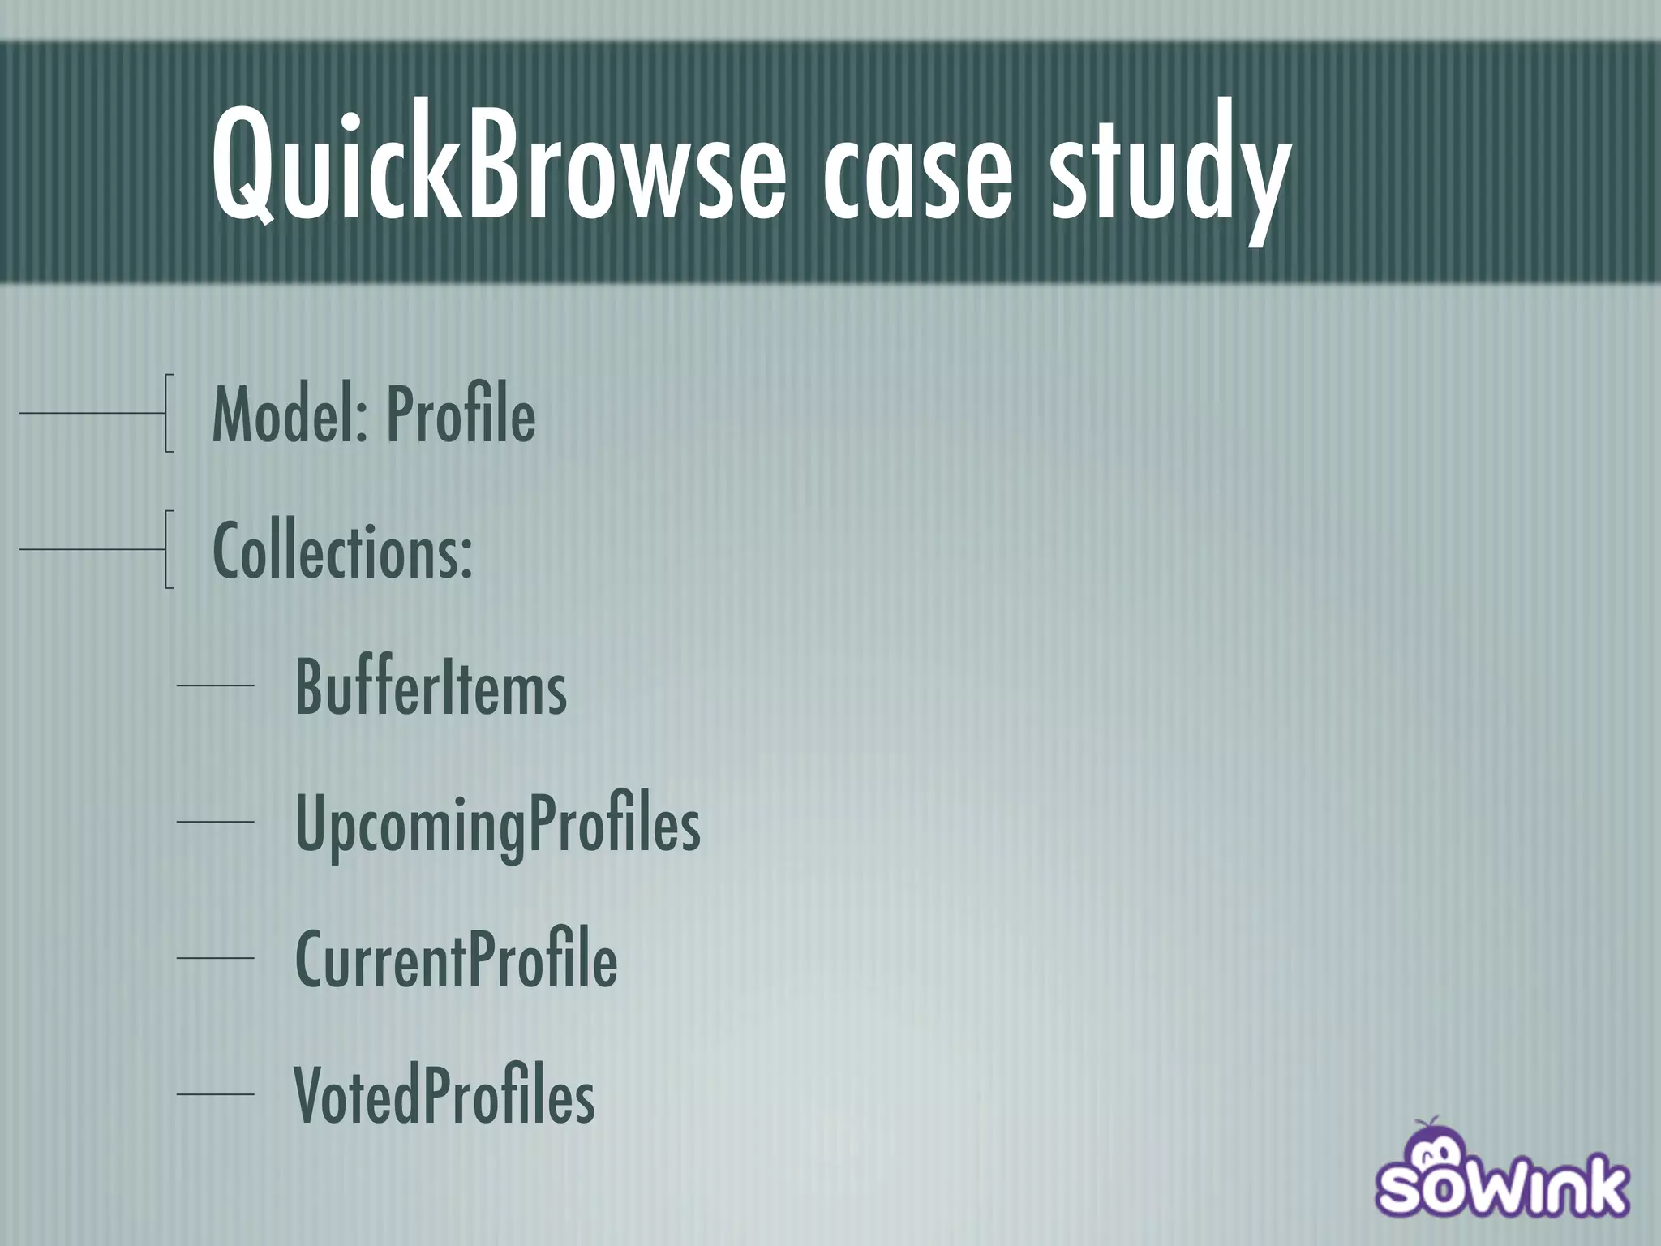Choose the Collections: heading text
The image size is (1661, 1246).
click(342, 552)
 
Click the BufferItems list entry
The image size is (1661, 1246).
click(431, 688)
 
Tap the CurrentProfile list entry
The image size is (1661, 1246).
click(456, 960)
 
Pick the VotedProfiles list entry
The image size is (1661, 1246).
click(444, 1097)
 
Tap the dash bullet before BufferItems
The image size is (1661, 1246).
click(215, 686)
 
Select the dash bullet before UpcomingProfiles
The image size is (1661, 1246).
click(215, 822)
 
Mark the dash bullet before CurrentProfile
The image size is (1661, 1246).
click(215, 958)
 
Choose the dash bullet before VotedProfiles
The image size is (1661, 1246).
click(215, 1094)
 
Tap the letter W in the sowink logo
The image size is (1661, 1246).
click(1505, 1189)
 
